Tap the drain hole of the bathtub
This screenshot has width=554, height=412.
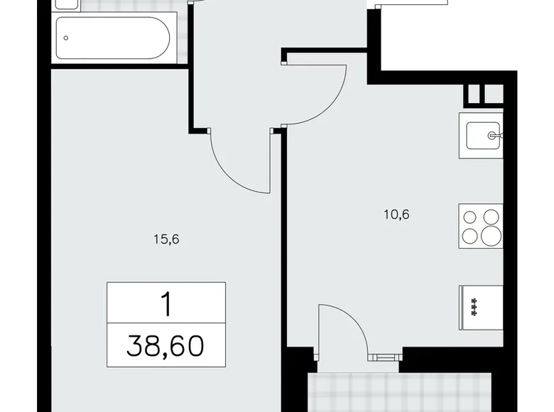click(x=66, y=38)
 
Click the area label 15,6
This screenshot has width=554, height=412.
click(x=165, y=239)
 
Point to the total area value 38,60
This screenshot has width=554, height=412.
click(x=166, y=347)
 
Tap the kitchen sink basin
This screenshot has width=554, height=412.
click(x=482, y=134)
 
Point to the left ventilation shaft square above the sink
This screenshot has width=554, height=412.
click(x=472, y=94)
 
